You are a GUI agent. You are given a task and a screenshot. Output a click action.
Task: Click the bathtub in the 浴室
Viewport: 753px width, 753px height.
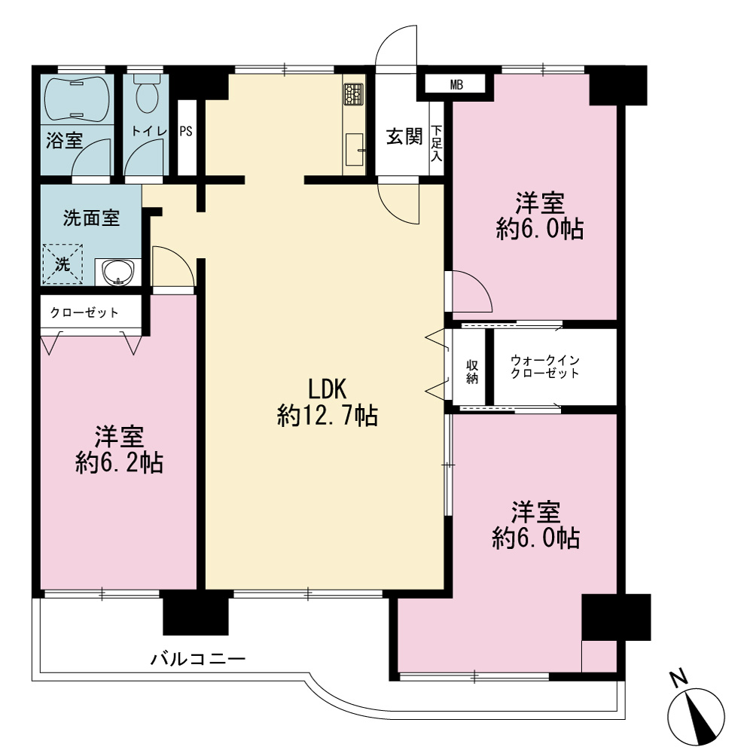pos(77,99)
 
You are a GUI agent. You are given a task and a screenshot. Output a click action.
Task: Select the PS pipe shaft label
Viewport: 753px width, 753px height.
pos(186,131)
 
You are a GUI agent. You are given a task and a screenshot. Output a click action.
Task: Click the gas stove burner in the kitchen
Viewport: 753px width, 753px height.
pos(353,94)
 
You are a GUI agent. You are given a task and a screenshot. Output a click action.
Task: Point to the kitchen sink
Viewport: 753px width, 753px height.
pos(355,150)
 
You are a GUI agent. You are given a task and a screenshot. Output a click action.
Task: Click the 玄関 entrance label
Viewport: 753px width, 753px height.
pos(404,137)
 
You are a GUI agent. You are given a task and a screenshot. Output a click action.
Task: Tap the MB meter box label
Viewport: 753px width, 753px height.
pos(457,86)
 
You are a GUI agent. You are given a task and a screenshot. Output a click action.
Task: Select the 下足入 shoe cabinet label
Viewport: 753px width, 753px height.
pos(437,143)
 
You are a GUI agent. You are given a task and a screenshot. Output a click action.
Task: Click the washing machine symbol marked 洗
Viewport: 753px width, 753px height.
pos(63,264)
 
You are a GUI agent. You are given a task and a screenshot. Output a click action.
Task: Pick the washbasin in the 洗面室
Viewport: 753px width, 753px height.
pos(117,273)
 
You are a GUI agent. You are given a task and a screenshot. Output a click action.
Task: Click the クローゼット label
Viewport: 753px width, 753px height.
pos(84,312)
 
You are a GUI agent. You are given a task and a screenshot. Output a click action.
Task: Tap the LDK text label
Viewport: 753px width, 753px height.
pos(327,389)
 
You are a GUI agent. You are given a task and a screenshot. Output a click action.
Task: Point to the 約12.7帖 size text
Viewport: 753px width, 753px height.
pos(328,416)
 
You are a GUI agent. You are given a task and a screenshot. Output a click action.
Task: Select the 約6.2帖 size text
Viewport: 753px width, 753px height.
pos(120,463)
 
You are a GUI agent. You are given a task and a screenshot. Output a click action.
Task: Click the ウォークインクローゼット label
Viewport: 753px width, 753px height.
pos(545,367)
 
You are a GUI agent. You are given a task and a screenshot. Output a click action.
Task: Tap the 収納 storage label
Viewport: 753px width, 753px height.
pos(472,372)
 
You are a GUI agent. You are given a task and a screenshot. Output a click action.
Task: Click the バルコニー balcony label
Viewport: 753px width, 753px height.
pos(198,658)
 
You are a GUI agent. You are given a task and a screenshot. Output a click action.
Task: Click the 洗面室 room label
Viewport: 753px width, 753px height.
pos(91,218)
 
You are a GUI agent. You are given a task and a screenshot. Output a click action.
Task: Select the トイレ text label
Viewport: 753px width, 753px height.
pos(149,131)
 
